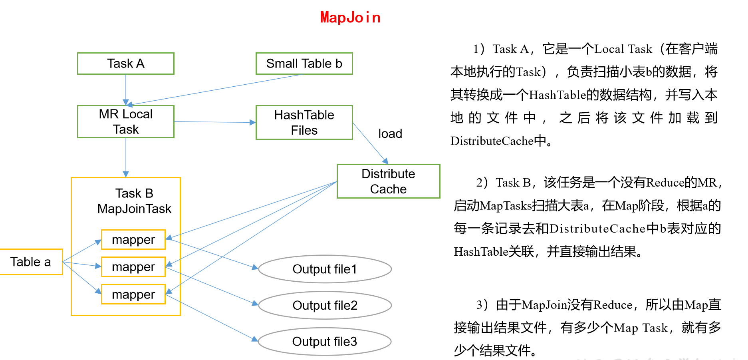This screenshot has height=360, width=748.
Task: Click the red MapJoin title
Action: pos(350,18)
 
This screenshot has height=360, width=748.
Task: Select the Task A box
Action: pos(126,64)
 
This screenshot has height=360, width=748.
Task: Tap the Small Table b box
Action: pos(304,64)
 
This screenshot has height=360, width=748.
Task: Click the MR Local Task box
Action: pos(126,121)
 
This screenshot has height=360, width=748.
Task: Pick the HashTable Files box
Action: pos(304,122)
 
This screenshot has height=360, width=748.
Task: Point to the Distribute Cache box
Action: pos(388,181)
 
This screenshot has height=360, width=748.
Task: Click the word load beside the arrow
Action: pos(390,134)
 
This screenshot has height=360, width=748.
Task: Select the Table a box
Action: pos(31,262)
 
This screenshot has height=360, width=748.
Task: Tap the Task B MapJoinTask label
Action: pos(134,201)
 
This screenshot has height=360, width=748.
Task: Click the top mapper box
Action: pos(133,239)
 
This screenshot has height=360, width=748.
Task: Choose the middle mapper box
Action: pos(133,267)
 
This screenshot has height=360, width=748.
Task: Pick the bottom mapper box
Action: pos(133,294)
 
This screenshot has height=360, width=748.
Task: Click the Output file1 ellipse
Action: pos(325,269)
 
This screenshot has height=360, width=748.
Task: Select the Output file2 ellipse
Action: pos(325,305)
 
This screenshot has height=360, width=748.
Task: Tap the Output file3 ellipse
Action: pos(324,342)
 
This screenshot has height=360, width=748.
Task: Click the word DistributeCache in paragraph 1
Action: pos(492,141)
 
